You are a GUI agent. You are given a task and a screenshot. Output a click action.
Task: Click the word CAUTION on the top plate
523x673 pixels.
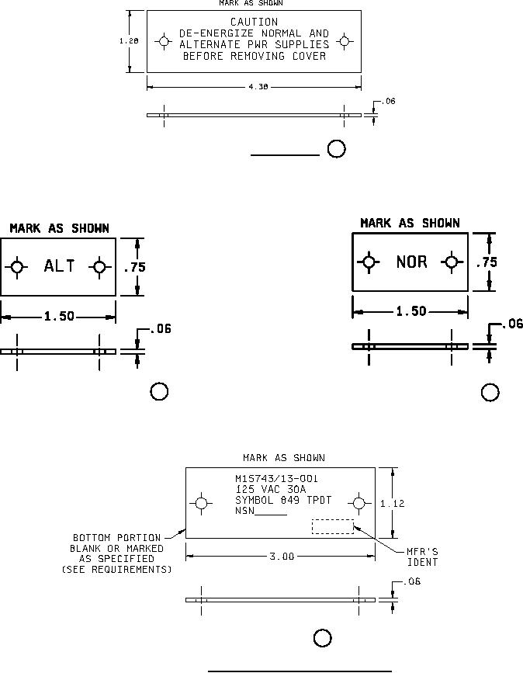click(x=254, y=23)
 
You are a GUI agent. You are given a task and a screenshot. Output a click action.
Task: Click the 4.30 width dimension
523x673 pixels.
click(x=258, y=87)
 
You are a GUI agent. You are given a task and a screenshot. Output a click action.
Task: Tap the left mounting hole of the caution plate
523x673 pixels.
click(x=164, y=41)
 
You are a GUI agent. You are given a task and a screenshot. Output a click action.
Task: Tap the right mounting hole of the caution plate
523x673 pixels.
click(x=345, y=41)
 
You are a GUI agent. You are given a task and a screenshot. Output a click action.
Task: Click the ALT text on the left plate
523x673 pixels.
click(x=59, y=266)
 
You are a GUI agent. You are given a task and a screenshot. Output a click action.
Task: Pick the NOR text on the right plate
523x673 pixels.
click(x=411, y=262)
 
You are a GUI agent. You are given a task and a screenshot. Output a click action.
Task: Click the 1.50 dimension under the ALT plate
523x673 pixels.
click(x=59, y=316)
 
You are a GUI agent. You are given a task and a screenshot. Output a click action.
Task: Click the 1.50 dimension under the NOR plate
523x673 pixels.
click(x=411, y=311)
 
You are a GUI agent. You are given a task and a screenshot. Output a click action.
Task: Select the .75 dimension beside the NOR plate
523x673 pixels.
click(x=487, y=262)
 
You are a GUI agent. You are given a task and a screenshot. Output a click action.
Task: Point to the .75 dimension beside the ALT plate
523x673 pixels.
click(x=135, y=267)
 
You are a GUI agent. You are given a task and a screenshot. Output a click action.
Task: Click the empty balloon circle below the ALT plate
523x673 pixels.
click(x=159, y=391)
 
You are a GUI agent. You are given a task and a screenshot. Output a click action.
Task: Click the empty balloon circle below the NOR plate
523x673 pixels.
click(x=490, y=393)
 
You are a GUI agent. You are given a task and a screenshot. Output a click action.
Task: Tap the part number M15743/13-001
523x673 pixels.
click(x=276, y=479)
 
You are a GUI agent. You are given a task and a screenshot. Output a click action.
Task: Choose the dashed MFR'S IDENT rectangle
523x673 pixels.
click(x=332, y=526)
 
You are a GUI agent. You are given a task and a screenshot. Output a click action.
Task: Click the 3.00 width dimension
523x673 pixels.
click(x=281, y=557)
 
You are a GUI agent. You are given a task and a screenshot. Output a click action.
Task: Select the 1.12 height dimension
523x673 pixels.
click(x=392, y=504)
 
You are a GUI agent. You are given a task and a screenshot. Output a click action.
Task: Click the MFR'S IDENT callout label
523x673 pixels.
click(x=422, y=557)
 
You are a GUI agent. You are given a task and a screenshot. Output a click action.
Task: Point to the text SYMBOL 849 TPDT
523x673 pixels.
click(x=282, y=500)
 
